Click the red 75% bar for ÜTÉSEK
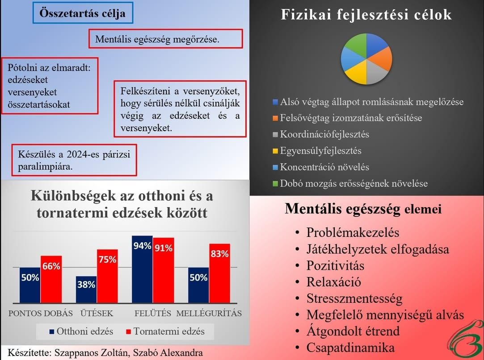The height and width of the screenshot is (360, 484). (107, 276)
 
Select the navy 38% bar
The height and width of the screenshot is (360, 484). (86, 290)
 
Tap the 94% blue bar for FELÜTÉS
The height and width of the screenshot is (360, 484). (142, 269)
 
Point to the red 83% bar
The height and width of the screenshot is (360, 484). (220, 273)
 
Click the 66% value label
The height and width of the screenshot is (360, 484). (51, 266)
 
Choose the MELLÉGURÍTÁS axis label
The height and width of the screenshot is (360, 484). (209, 314)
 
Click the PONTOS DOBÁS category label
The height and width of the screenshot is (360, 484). (40, 314)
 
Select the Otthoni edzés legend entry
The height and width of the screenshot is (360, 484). (81, 331)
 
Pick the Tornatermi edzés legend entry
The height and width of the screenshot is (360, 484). (165, 331)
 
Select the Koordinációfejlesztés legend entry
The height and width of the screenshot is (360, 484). (321, 134)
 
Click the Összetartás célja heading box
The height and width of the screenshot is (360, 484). (83, 13)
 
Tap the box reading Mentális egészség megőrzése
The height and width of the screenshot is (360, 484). (165, 39)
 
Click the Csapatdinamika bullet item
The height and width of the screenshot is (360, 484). (345, 348)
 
